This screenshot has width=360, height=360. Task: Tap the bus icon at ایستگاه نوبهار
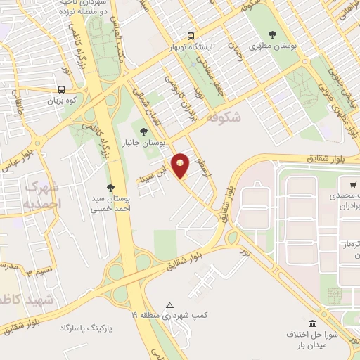(191, 36)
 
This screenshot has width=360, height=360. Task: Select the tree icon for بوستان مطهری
(272, 34)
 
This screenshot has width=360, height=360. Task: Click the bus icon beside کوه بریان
(62, 90)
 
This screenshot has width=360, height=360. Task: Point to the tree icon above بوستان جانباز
(144, 131)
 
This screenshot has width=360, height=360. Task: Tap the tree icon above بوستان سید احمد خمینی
(110, 187)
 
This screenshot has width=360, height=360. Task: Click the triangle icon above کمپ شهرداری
(169, 305)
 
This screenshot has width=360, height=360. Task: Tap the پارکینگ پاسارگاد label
(86, 328)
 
